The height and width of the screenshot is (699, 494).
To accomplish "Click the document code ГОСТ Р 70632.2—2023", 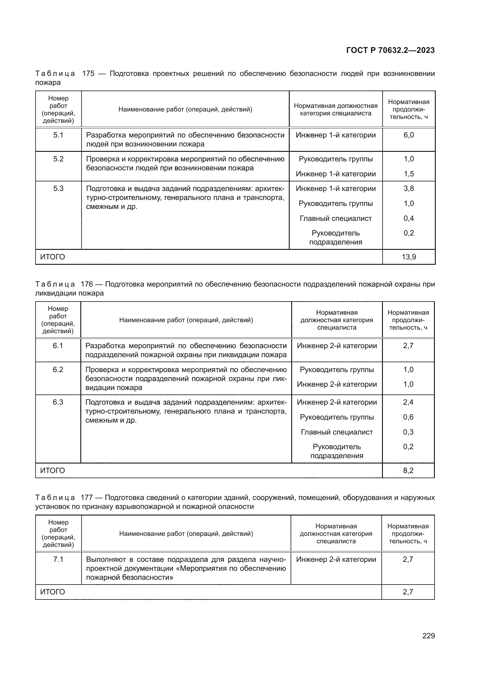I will pos(390,50).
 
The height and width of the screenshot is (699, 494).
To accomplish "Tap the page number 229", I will pos(428,636).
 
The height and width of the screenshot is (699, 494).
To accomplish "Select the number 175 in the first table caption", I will pos(88,74).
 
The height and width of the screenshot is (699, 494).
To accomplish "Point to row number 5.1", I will pos(58,135).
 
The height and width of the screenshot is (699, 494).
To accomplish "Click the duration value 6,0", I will pos(409,135).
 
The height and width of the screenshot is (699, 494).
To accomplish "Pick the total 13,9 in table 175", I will pos(409,257).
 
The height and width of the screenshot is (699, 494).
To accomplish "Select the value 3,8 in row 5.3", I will pos(409,189).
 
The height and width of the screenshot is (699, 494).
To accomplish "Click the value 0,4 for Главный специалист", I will pos(409,218).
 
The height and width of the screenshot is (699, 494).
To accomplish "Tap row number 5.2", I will pos(58,159).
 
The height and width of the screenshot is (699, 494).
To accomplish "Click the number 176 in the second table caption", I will pos(87,284).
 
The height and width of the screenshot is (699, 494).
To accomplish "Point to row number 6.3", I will pos(58,402).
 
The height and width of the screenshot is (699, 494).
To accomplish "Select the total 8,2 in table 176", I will pos(408,470).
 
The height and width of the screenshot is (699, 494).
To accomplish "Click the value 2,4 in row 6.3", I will pos(408,402).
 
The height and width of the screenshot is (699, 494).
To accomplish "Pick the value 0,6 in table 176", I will pos(408,417).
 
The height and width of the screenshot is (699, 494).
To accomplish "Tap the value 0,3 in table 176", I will pos(408,432).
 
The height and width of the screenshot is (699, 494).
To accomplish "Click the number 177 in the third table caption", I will pos(87,498).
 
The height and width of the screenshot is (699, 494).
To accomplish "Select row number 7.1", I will pos(58,559).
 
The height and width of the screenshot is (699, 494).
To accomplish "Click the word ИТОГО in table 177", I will pos(52,592).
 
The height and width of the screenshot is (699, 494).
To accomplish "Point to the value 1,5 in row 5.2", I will pos(409,174).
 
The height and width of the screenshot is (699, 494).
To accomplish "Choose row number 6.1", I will pos(58,345).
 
